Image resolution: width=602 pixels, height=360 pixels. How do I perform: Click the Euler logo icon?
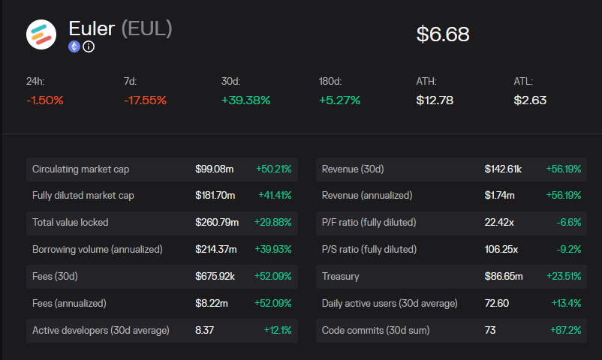point(41,34)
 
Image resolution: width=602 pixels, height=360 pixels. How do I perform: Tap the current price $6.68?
point(443,34)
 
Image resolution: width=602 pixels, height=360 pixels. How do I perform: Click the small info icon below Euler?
point(89,46)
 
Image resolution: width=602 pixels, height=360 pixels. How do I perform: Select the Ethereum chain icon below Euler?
point(74,46)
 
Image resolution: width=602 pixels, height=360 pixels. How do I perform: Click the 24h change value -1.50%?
point(45,100)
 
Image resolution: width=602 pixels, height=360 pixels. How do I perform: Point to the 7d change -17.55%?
point(145,100)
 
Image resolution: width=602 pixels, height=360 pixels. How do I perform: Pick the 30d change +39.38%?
point(245,100)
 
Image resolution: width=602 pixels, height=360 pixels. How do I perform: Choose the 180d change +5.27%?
point(339,100)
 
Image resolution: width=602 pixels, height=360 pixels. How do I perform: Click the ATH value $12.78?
point(435,100)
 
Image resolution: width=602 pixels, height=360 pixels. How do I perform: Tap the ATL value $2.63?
point(530,100)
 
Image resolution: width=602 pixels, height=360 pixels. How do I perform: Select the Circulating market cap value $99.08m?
point(215,169)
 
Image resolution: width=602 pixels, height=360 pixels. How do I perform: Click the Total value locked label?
point(70,223)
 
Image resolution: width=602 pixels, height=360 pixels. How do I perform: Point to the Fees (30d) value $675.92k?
point(215,276)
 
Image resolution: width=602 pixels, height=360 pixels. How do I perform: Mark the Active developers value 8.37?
point(205,330)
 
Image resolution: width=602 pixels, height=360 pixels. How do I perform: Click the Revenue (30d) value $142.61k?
point(504,169)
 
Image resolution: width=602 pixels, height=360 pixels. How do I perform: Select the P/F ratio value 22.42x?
point(499,223)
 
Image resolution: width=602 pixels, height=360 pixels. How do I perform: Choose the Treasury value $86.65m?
point(504,276)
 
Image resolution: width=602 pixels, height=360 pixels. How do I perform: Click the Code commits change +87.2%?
point(567,330)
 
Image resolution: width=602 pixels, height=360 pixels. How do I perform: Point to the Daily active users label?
point(390,303)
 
